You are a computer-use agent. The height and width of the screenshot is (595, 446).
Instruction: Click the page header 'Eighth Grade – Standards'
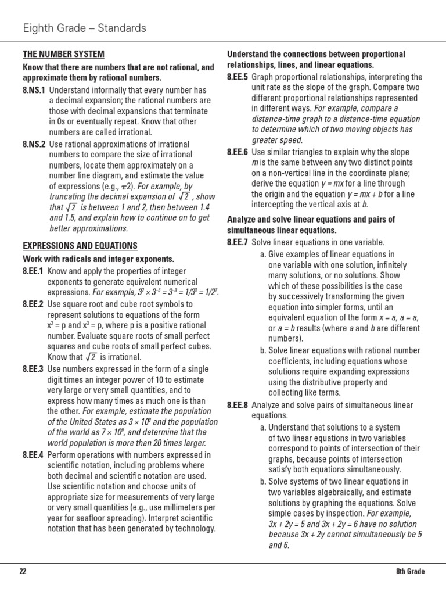[84, 28]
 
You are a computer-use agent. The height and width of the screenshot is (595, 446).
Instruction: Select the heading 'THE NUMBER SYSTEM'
[63, 54]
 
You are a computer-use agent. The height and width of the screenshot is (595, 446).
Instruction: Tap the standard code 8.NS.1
[34, 90]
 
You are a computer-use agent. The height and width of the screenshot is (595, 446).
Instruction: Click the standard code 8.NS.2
[34, 144]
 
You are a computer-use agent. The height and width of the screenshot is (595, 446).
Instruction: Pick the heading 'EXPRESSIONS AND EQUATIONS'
[80, 246]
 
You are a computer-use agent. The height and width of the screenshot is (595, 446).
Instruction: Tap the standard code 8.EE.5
[238, 77]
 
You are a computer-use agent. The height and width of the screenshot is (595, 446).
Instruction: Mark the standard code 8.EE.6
[238, 152]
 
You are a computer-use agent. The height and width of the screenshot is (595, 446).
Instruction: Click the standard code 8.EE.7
[238, 242]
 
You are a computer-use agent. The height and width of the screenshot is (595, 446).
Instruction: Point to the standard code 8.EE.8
[238, 405]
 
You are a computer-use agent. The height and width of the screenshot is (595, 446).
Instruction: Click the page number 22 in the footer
[23, 571]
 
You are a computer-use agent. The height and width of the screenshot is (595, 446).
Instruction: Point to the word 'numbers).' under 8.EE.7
[286, 338]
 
